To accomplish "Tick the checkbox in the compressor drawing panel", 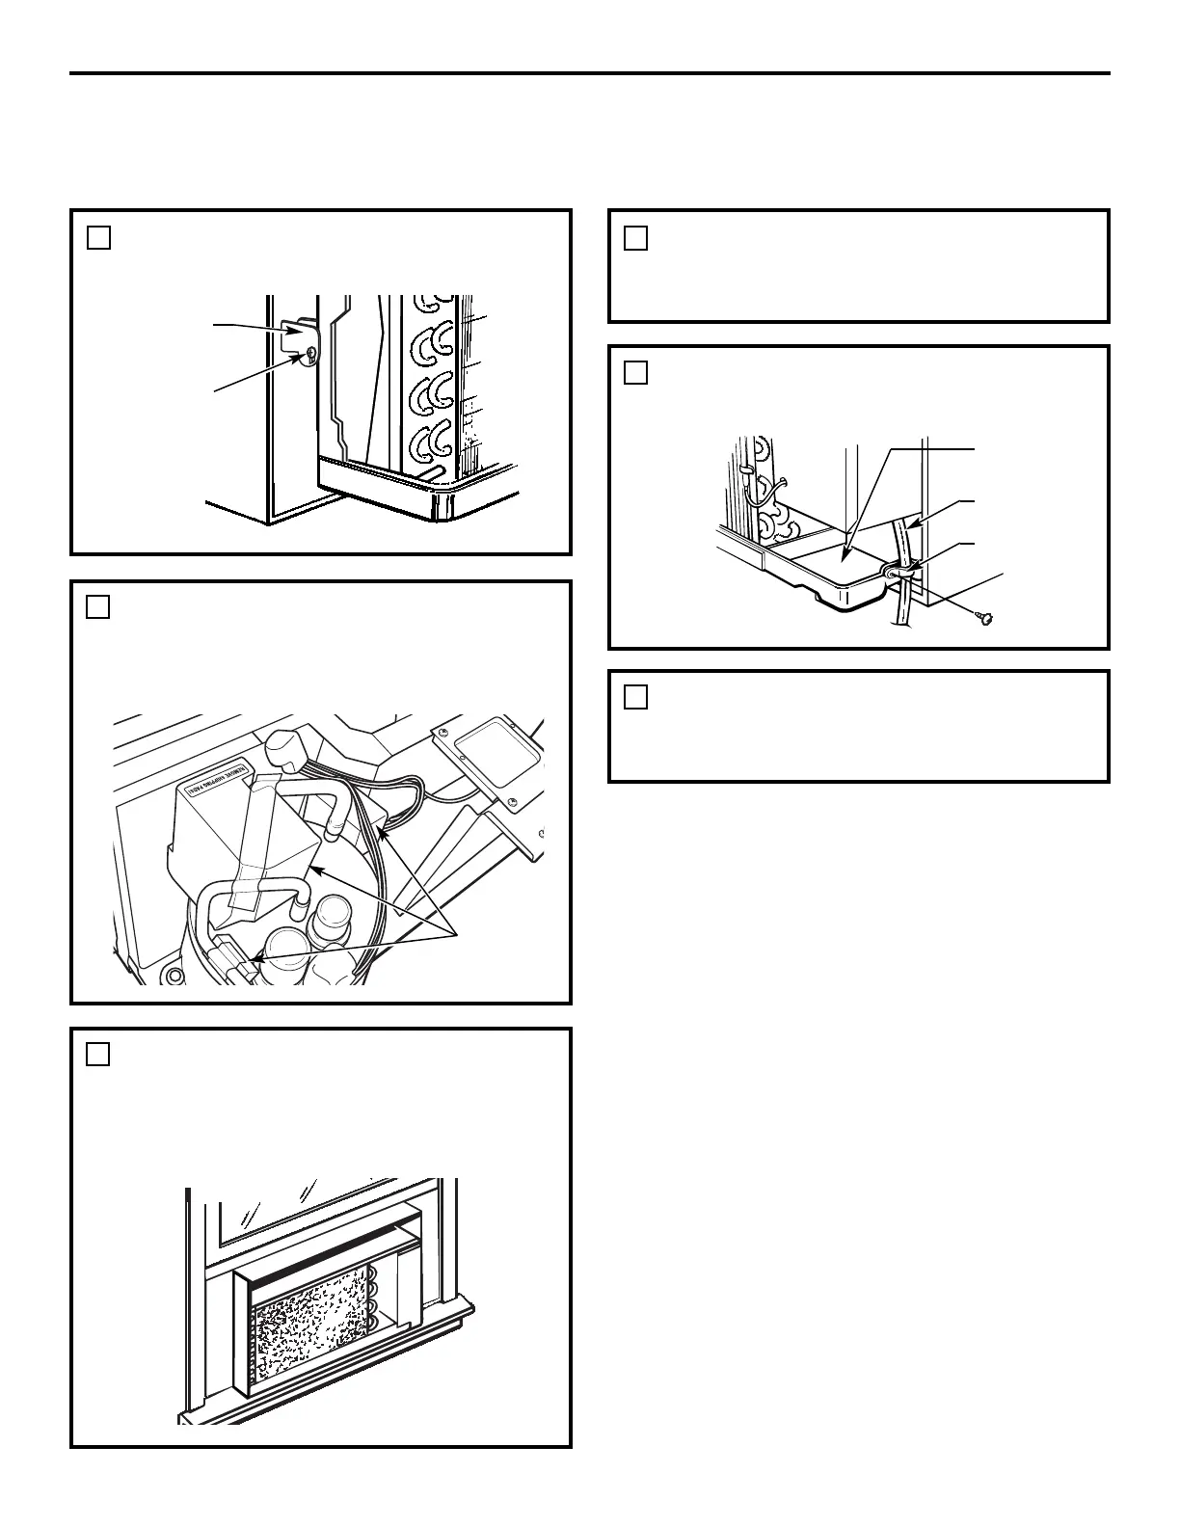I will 98,606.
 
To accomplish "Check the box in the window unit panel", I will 98,1054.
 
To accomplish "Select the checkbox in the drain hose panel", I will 635,372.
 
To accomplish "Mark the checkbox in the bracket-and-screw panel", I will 98,236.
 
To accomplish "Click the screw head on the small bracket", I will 308,356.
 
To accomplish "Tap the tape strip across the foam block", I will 253,848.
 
